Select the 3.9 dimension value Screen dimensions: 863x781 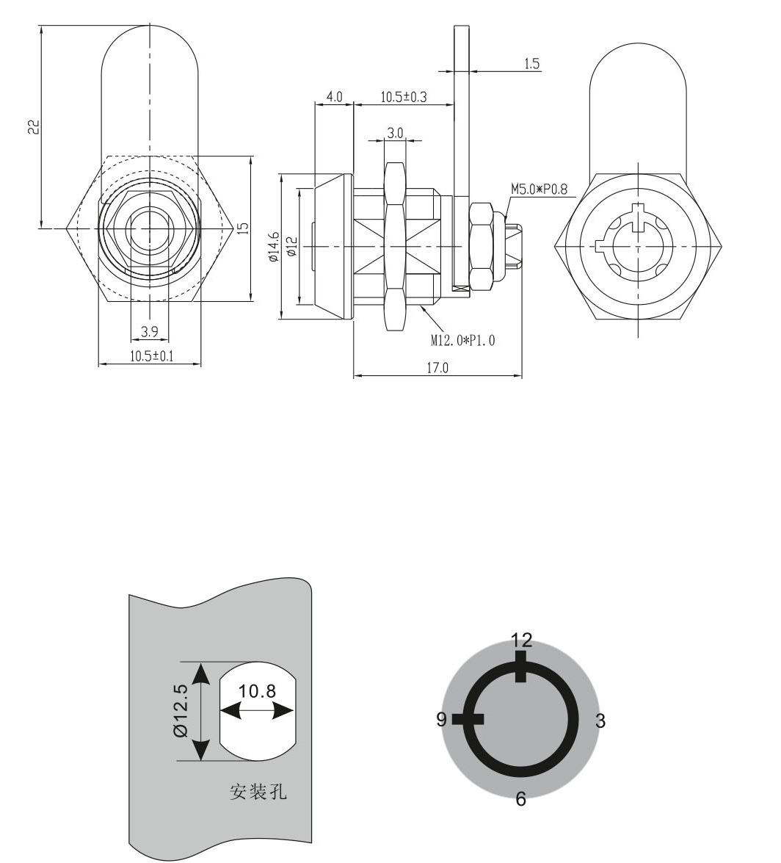click(x=149, y=332)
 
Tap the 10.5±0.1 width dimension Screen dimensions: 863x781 click(x=150, y=356)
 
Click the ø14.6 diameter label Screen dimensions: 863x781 click(x=273, y=247)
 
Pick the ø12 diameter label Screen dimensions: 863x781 click(x=291, y=246)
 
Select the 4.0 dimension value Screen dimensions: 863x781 click(x=334, y=97)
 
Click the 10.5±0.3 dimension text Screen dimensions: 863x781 click(x=403, y=97)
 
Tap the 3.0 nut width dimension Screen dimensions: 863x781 click(x=395, y=133)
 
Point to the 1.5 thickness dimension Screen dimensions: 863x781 click(x=531, y=64)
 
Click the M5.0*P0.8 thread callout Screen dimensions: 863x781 click(x=539, y=190)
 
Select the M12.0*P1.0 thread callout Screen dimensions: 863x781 click(x=462, y=341)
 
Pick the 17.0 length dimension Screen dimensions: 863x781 click(x=437, y=368)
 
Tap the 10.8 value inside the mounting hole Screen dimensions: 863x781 click(x=257, y=692)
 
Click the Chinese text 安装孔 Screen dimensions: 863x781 click(x=258, y=792)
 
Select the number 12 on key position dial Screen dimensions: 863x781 click(x=521, y=639)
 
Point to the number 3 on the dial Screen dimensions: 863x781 click(x=600, y=721)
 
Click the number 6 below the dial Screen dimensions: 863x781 click(x=520, y=799)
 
